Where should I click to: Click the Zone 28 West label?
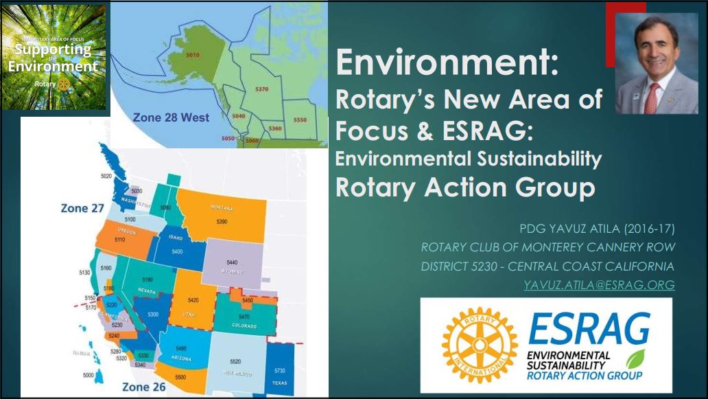pos(171,117)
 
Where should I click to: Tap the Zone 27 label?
pos(82,208)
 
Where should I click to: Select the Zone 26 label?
pos(144,387)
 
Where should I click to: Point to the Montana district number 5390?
pos(221,223)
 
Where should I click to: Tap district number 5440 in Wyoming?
pos(232,263)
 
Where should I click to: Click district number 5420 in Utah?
pos(193,301)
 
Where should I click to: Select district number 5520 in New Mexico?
pos(235,361)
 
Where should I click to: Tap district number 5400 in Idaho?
pos(176,252)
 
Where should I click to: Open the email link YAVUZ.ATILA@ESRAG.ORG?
pos(599,284)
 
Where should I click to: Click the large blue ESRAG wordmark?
pos(589,329)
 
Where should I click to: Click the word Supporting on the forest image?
pos(54,50)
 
